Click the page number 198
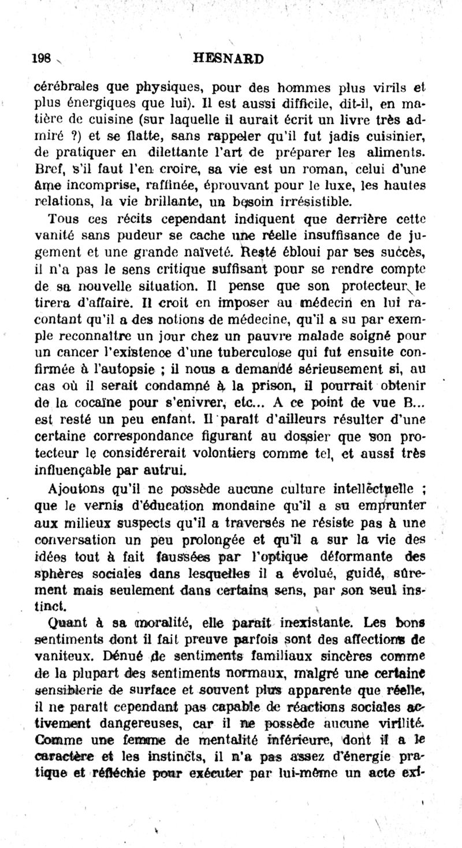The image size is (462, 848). click(42, 58)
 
